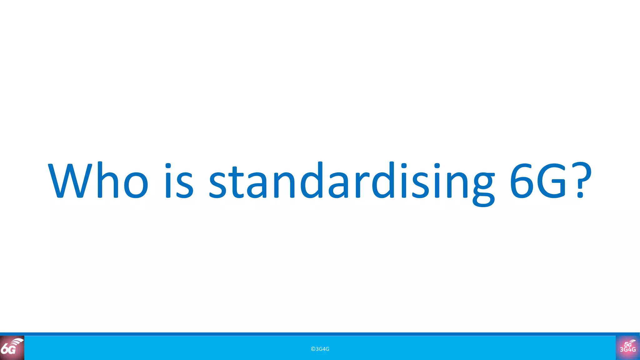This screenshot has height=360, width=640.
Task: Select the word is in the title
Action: pyautogui.click(x=179, y=181)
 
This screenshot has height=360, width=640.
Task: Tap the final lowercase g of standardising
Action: pyautogui.click(x=483, y=187)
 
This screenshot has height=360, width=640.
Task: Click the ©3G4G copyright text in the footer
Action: pyautogui.click(x=320, y=349)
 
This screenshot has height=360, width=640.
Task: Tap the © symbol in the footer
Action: pyautogui.click(x=313, y=349)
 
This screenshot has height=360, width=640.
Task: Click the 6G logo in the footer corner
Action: pyautogui.click(x=12, y=348)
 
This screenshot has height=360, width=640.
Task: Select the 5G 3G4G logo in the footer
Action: pyautogui.click(x=628, y=348)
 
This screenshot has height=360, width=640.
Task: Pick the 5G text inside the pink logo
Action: pyautogui.click(x=627, y=344)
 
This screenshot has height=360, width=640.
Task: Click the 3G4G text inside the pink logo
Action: pyautogui.click(x=628, y=350)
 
